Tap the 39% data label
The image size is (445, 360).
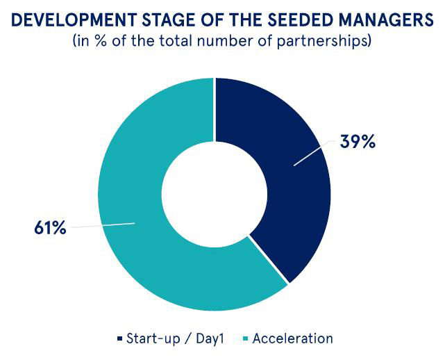point(358,142)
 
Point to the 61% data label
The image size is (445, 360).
point(50,227)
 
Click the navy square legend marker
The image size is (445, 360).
point(120,338)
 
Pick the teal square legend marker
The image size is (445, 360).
point(246,338)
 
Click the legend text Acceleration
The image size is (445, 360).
point(292,338)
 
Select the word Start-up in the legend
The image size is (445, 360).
point(153,338)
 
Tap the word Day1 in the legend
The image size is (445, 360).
point(210,338)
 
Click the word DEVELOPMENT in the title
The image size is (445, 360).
point(74,20)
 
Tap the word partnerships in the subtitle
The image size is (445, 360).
point(324,41)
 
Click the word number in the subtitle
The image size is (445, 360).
point(221,41)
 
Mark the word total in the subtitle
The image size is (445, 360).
point(176,41)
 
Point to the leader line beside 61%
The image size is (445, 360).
point(103,225)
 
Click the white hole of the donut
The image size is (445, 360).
point(215,195)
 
